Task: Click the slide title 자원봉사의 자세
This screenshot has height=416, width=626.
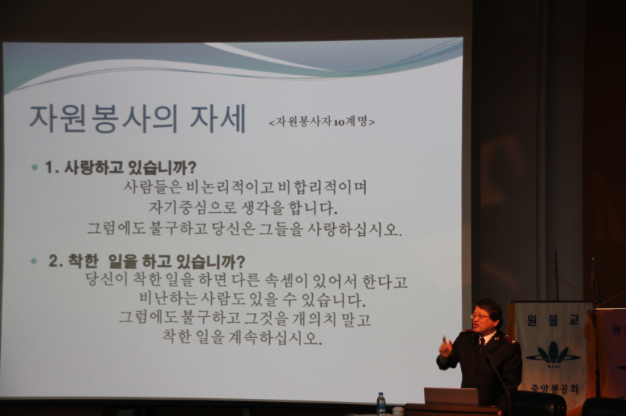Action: pos(138,118)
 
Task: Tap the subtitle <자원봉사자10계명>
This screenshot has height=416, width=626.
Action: pos(322,121)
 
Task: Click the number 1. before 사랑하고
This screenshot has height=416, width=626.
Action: pos(52,167)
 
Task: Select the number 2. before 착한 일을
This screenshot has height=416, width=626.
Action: pos(56,261)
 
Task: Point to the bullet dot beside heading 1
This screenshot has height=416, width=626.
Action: pos(35,168)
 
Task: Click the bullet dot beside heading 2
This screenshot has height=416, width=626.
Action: pos(34,261)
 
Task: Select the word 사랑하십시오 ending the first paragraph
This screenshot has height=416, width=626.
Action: pos(353,228)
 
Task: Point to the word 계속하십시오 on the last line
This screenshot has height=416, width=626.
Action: pos(275,338)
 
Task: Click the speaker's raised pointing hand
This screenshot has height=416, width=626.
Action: pos(445,347)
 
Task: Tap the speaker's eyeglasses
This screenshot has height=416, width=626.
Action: pos(480,316)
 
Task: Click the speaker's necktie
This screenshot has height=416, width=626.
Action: pos(483,342)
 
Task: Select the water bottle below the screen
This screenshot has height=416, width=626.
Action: pos(381,403)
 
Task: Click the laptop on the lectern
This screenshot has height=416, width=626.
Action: pos(451,396)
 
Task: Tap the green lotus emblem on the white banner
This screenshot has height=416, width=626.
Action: pos(552,353)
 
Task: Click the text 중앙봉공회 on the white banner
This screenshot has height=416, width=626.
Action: pos(554,388)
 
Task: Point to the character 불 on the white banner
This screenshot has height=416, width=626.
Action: pos(552,320)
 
